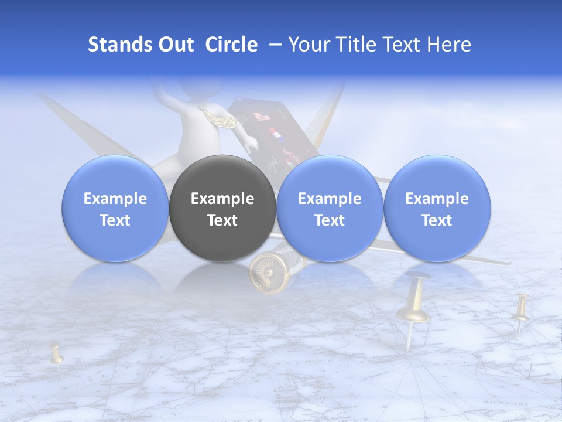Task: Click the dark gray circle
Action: pyautogui.click(x=222, y=209)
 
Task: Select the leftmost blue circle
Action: pyautogui.click(x=115, y=209)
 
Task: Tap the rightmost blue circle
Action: pyautogui.click(x=437, y=209)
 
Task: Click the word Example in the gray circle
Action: pyautogui.click(x=222, y=199)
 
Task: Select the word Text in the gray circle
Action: pyautogui.click(x=222, y=220)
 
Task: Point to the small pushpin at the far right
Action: pyautogui.click(x=520, y=314)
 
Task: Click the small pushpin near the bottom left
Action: pyautogui.click(x=56, y=353)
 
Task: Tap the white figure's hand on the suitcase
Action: pyautogui.click(x=251, y=143)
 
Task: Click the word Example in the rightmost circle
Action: pyautogui.click(x=437, y=199)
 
